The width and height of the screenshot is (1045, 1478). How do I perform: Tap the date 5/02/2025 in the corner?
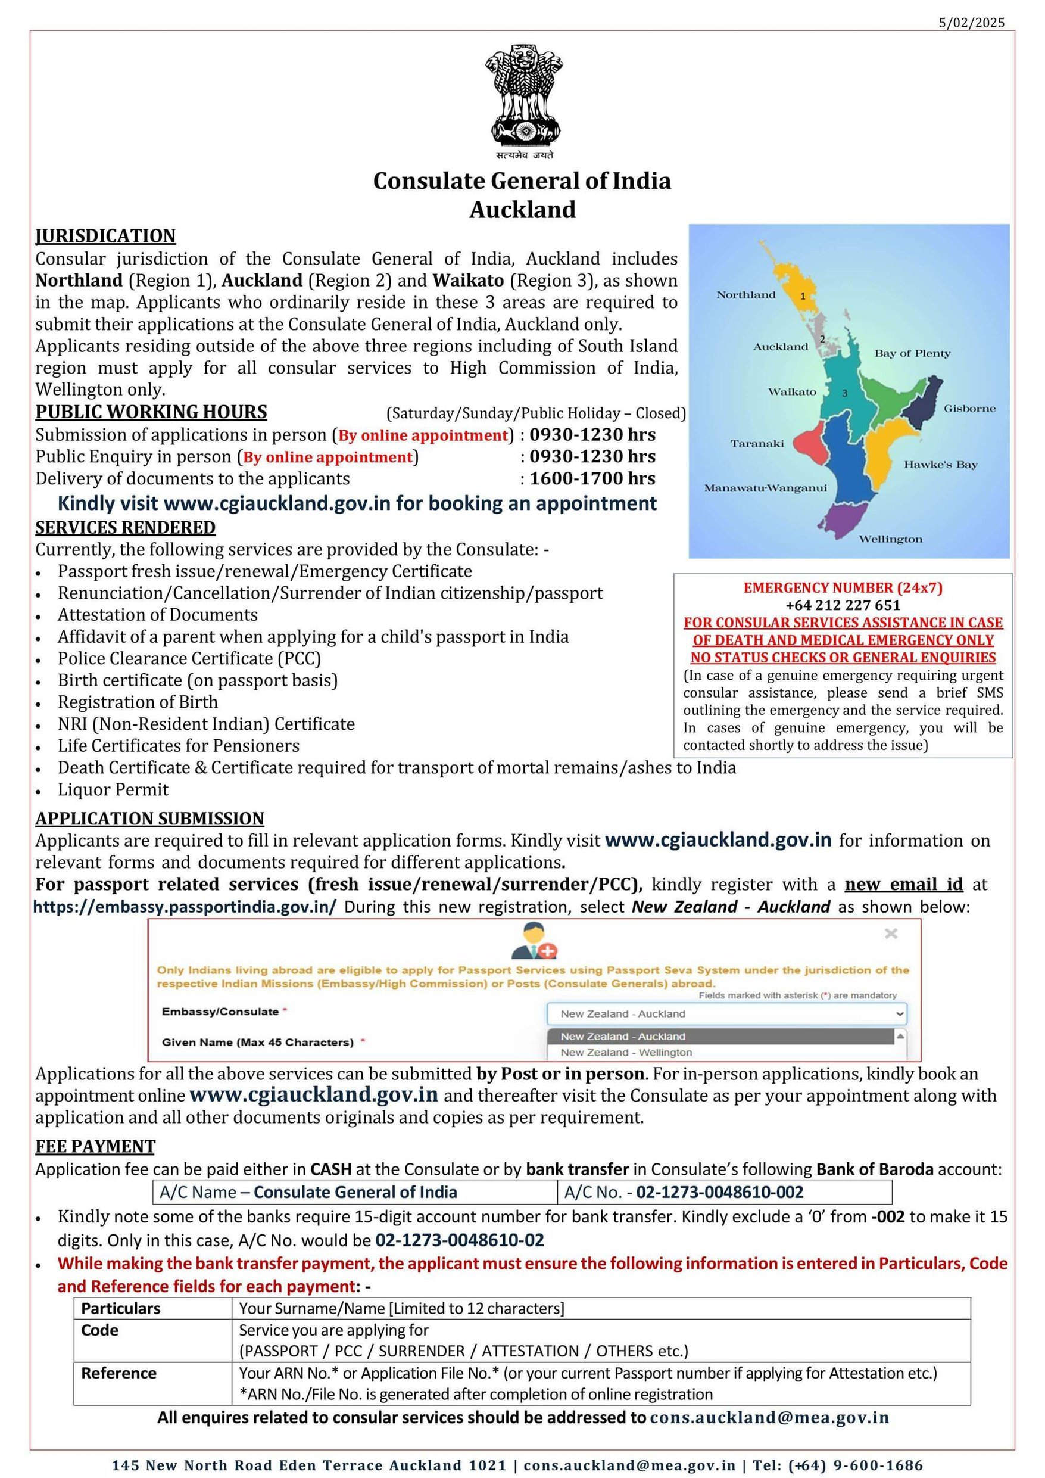coord(971,23)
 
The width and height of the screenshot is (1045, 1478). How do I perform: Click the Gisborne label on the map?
coord(969,409)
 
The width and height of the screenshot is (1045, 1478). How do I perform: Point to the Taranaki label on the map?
coord(757,444)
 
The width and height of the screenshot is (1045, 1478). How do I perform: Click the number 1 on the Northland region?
coord(803,296)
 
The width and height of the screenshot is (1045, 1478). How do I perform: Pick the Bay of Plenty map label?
coord(912,353)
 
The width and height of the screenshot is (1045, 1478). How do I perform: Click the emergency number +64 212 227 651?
coord(843,605)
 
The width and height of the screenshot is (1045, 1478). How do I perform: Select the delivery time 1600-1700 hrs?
coord(592,478)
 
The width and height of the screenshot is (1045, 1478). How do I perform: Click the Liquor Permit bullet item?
coord(113,789)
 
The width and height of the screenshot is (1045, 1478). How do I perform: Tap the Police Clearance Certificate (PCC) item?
coord(189,658)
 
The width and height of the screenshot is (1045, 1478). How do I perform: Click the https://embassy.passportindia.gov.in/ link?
coord(185,907)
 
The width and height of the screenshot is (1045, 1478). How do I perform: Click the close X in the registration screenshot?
coord(891,934)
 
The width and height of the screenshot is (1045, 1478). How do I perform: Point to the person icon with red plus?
coord(534,941)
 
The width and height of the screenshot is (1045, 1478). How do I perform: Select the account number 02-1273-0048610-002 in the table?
coord(719,1192)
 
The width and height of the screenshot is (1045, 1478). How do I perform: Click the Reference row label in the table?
coord(118,1373)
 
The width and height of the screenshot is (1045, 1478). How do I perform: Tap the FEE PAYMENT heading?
coord(95,1147)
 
